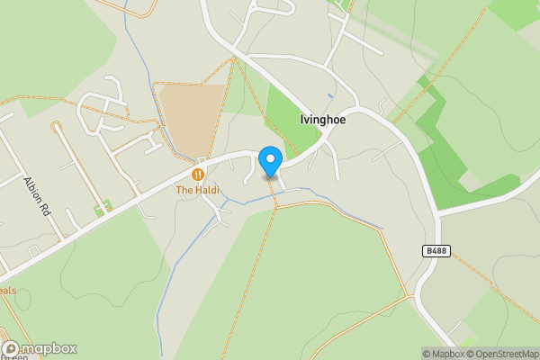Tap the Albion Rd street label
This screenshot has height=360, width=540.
click(x=42, y=191)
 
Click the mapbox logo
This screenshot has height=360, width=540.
click(x=40, y=348)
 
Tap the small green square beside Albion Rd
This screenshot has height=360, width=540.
click(x=103, y=208)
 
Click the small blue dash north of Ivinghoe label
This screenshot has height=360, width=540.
click(x=330, y=94)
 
